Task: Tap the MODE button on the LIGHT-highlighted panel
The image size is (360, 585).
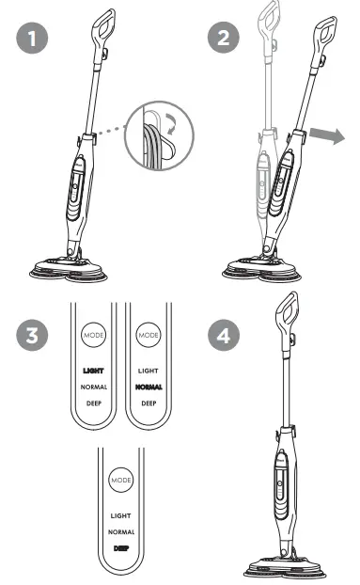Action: (95, 335)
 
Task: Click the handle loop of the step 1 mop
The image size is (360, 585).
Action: (103, 24)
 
